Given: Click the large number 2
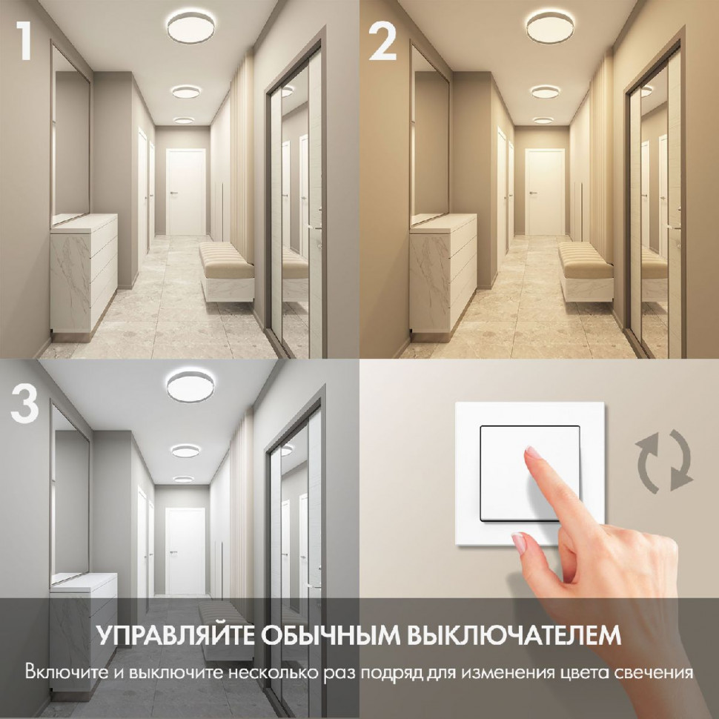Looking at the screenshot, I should tap(383, 42).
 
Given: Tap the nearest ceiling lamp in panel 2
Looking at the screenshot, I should tap(552, 27).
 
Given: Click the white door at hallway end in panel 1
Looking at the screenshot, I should tap(185, 192).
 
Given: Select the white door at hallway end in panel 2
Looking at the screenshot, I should tap(545, 192).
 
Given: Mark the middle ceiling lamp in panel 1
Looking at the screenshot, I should tap(187, 91).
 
